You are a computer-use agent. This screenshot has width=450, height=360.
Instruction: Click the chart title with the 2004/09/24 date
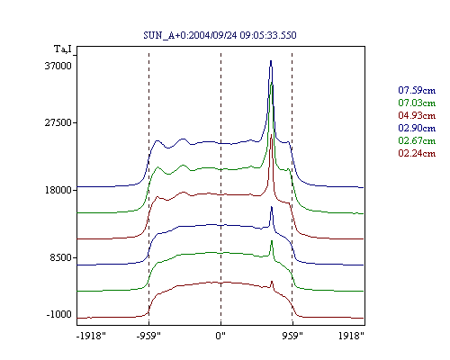(x=220, y=35)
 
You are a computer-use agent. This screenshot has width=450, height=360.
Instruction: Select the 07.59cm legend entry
(x=417, y=90)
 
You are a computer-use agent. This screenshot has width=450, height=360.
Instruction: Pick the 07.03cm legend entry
(x=417, y=103)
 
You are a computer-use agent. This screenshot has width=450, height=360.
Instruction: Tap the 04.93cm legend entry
(x=417, y=115)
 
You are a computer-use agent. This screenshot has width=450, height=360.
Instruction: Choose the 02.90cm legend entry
(x=417, y=128)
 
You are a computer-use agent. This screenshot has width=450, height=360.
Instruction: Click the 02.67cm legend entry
(x=417, y=140)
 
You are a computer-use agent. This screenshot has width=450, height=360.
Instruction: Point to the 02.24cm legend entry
(x=417, y=153)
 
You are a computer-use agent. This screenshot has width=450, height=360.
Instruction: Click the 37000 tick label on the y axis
(x=58, y=66)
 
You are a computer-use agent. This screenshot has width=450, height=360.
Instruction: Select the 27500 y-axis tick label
(x=58, y=122)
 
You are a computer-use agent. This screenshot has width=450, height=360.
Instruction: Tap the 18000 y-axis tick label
(x=58, y=190)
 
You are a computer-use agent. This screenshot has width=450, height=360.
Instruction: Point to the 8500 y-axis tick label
(x=61, y=257)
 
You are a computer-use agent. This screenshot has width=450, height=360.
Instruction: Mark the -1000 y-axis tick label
(x=59, y=314)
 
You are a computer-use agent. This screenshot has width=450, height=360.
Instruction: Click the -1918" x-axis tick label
(x=92, y=336)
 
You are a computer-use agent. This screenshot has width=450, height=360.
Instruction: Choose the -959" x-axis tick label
(x=148, y=336)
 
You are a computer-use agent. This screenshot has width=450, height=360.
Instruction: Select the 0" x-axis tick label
(x=220, y=336)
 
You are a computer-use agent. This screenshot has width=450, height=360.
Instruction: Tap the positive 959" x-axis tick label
(x=292, y=336)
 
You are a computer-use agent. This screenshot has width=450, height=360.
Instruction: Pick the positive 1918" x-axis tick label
(x=351, y=336)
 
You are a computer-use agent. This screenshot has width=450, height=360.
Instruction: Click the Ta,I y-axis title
(x=63, y=49)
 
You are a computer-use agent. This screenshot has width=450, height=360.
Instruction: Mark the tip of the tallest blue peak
(x=271, y=61)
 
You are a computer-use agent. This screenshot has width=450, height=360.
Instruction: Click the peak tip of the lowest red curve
(x=272, y=281)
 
